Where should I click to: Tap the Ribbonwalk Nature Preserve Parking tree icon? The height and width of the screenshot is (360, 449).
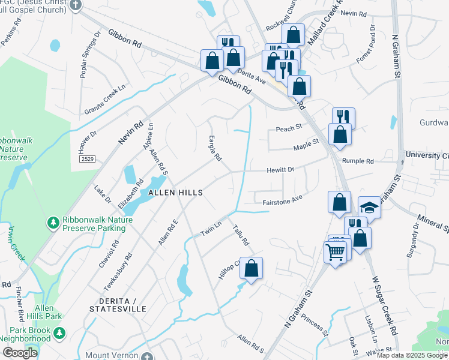[53, 223]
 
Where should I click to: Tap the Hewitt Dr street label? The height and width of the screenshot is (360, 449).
[280, 170]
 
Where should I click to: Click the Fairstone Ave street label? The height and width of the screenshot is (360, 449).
[282, 203]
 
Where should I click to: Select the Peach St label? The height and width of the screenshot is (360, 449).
[287, 129]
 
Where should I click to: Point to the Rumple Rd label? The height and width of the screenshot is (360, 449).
[358, 161]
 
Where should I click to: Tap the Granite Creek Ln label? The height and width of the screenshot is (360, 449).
[107, 98]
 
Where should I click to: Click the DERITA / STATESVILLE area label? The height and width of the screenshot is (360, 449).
[118, 304]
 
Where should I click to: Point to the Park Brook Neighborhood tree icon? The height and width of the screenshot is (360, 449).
[59, 332]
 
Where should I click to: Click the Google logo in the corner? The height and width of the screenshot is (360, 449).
[20, 353]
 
